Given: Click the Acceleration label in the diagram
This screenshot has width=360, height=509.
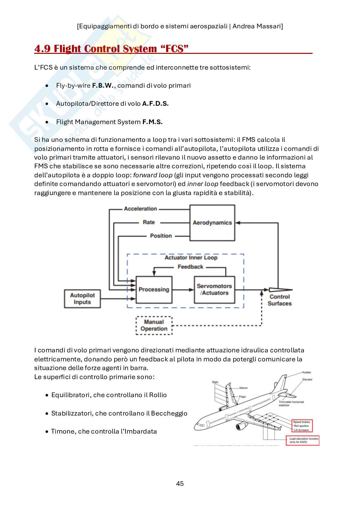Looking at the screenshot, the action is (141, 209).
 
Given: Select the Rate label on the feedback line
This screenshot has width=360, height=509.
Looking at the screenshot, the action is (149, 222).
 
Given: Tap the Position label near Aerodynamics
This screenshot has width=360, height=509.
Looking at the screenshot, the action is (161, 236).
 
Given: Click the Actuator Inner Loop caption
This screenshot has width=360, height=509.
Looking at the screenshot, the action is (191, 258).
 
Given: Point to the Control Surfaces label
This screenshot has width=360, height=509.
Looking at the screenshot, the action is (279, 300).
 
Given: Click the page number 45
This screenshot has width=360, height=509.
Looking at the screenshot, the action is (180, 483).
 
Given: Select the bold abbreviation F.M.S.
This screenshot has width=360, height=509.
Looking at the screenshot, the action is (152, 122).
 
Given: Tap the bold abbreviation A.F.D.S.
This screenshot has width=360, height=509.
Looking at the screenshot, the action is (155, 103).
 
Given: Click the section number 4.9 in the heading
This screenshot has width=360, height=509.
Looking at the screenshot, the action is (42, 49).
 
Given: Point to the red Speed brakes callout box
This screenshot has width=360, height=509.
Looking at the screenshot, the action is (302, 426).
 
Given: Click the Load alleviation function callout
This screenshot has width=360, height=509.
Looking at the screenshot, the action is (303, 440).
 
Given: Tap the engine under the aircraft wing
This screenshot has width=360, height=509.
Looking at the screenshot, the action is (242, 426).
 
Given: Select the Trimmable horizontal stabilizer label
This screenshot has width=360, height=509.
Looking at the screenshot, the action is (291, 403).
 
